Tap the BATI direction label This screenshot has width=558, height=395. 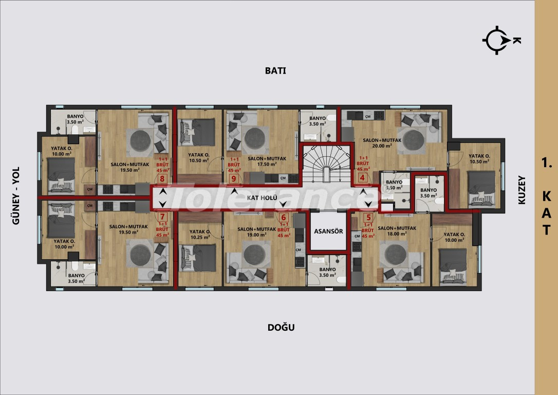coord(275,71)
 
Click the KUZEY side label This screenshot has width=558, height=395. coord(522,191)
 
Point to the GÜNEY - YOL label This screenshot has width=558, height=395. coord(15,196)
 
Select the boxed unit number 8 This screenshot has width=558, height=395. coord(162,179)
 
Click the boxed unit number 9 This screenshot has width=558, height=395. coord(234,179)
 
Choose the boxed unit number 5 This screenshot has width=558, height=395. coord(368,217)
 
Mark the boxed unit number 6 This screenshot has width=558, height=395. coord(283,217)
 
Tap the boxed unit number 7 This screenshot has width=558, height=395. coord(162,217)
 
